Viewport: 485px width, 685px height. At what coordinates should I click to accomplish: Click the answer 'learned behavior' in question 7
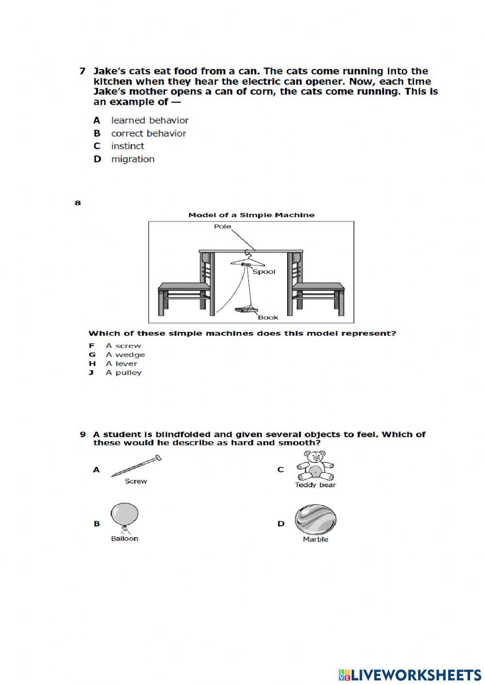tap(149, 120)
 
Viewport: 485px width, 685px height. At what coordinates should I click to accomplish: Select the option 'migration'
tap(132, 159)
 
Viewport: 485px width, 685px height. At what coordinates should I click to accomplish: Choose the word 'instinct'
tap(128, 146)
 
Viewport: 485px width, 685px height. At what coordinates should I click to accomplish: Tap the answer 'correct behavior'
tap(148, 133)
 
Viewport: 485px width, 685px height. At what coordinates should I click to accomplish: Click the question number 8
tap(78, 203)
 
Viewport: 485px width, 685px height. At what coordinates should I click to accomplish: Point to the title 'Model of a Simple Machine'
tap(251, 215)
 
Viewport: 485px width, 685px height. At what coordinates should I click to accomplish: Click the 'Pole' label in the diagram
tap(223, 226)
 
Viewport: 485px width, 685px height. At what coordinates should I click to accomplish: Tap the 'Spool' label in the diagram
tap(264, 271)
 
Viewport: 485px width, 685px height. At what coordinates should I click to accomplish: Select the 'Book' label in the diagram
tap(268, 318)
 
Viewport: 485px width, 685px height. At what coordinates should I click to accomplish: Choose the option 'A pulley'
tap(124, 372)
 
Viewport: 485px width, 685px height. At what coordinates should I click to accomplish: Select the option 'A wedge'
tap(125, 354)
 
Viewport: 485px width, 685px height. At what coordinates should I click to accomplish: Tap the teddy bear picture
tap(315, 465)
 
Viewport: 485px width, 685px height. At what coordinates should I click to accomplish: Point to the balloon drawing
tap(124, 516)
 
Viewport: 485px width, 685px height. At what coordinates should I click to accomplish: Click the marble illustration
tap(315, 519)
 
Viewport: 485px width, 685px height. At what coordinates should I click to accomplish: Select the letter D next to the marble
tap(281, 524)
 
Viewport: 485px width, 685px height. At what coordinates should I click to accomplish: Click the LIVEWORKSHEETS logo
tap(410, 674)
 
